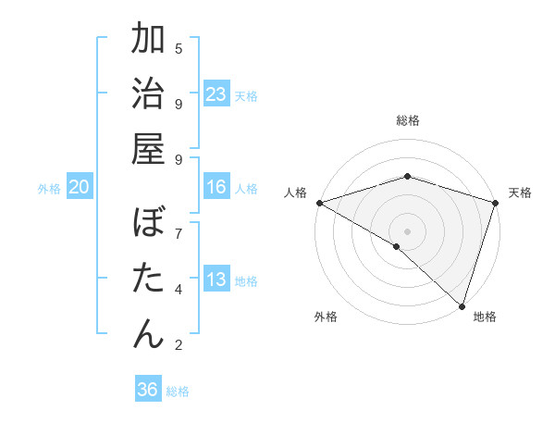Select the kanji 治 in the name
pos(148,95)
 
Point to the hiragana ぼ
pos(148,225)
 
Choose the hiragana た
pos(148,279)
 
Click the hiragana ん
pos(148,333)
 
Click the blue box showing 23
pos(216,94)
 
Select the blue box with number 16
pos(216,187)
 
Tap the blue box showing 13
pos(216,280)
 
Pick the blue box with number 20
pos(79,187)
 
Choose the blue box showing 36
pos(147,390)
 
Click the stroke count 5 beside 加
pos(179,48)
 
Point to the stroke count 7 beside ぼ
pos(179,232)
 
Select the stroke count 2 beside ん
pos(179,345)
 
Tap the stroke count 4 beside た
pos(179,289)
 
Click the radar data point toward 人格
pos(319,203)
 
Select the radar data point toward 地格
pos(462,305)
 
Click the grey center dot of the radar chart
pos(407,230)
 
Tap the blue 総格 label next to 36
pos(178,391)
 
